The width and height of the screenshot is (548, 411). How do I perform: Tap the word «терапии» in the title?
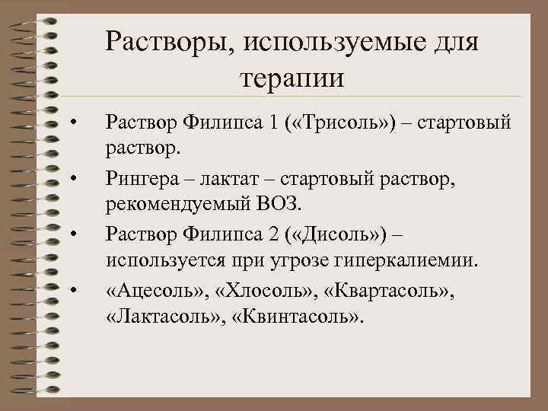coord(292,78)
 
